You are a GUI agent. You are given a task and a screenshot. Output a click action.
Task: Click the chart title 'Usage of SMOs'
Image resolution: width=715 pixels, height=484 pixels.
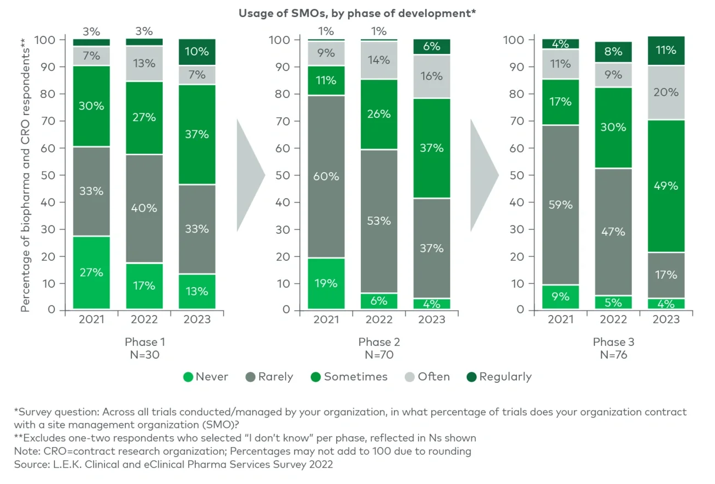(x=357, y=14)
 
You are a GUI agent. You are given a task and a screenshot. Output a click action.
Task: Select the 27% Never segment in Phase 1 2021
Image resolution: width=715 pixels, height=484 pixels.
(x=91, y=272)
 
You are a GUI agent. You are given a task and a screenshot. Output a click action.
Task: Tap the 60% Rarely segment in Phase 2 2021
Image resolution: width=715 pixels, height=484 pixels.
(x=326, y=177)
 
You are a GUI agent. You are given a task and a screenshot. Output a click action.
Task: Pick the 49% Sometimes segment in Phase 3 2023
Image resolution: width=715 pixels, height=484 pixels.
(x=666, y=186)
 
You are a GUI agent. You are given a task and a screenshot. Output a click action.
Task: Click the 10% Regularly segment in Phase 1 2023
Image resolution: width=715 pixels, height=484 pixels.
(x=196, y=52)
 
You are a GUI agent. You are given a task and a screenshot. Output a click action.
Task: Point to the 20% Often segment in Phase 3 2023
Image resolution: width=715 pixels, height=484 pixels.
(x=666, y=92)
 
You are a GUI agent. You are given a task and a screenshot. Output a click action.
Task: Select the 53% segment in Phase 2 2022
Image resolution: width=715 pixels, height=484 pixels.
(x=379, y=221)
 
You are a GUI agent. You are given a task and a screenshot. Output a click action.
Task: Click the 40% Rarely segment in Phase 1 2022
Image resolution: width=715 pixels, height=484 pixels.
(x=144, y=208)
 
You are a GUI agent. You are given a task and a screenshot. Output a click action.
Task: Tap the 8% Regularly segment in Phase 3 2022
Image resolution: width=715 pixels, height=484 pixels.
(x=613, y=52)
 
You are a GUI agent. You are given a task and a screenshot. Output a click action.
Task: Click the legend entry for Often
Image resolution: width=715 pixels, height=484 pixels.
(x=427, y=377)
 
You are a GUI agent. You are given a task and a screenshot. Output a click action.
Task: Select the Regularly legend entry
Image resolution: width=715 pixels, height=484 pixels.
(x=499, y=377)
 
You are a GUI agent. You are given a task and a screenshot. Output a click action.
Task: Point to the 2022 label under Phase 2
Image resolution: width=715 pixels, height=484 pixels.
(x=379, y=320)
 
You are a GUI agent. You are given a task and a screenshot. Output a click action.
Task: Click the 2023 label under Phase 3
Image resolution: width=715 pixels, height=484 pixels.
(x=666, y=320)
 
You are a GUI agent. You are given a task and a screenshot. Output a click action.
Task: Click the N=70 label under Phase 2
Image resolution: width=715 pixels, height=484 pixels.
(x=379, y=355)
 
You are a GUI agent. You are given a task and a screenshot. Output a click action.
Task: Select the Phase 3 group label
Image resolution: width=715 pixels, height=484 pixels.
(x=613, y=342)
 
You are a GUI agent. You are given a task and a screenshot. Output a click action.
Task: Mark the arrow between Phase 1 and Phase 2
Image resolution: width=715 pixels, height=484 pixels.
(x=249, y=175)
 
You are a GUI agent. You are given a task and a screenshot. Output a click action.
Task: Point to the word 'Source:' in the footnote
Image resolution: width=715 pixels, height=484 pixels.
(x=31, y=464)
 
